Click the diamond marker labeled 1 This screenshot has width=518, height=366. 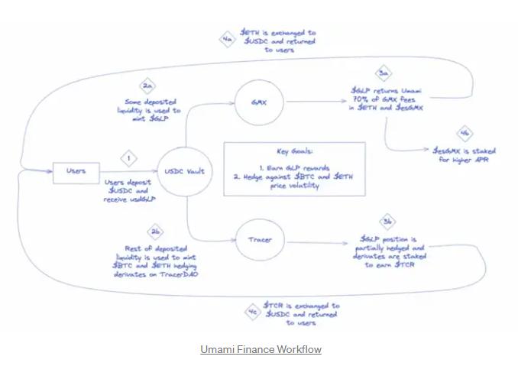pos(130,159)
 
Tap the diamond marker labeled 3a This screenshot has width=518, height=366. pos(386,73)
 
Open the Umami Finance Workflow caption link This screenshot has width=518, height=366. pos(261,349)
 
